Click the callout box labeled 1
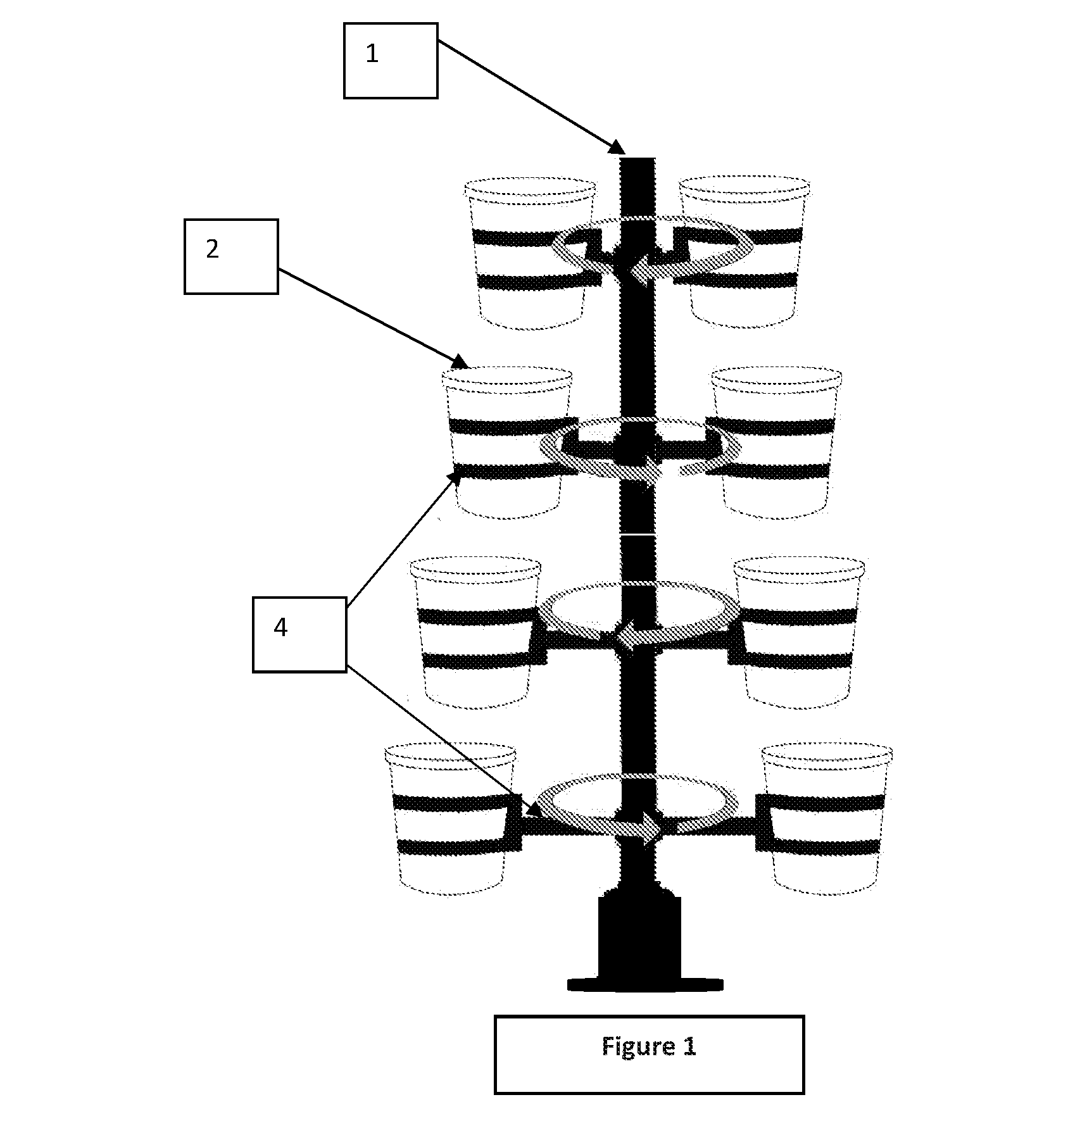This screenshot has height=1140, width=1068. [391, 61]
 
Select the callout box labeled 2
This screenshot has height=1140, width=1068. [231, 256]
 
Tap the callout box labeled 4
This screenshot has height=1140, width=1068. [299, 634]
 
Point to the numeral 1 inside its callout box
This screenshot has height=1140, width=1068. [372, 54]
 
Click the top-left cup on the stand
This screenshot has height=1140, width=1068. [531, 253]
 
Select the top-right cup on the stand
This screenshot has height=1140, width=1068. [744, 252]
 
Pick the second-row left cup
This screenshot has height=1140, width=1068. [507, 442]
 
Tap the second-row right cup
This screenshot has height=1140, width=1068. [776, 442]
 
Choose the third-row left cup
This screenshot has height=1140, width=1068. [476, 632]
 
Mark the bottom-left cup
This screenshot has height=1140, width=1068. [451, 819]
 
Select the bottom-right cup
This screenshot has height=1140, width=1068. [827, 819]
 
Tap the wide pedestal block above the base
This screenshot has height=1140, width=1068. [639, 937]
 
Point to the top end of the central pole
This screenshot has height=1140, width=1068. [638, 158]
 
